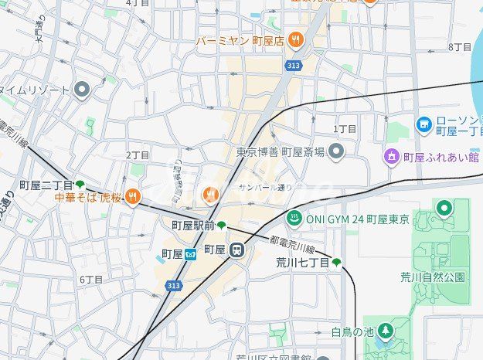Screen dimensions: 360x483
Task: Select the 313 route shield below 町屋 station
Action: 173,286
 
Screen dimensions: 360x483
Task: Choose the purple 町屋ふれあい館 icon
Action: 392,158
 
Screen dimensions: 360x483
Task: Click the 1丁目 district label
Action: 345,129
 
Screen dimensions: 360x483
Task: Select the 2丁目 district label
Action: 138,155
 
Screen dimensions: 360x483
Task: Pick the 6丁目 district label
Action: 91,279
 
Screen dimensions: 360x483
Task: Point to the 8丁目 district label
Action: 460,47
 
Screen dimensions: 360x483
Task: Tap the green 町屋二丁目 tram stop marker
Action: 80,185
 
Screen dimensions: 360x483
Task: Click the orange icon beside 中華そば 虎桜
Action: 133,197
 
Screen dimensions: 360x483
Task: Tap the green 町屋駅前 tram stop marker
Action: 222,225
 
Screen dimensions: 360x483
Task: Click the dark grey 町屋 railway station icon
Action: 238,250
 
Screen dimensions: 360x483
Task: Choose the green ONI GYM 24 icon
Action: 294,219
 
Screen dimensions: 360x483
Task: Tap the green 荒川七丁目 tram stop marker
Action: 337,263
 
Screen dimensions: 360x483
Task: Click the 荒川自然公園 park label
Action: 433,276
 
